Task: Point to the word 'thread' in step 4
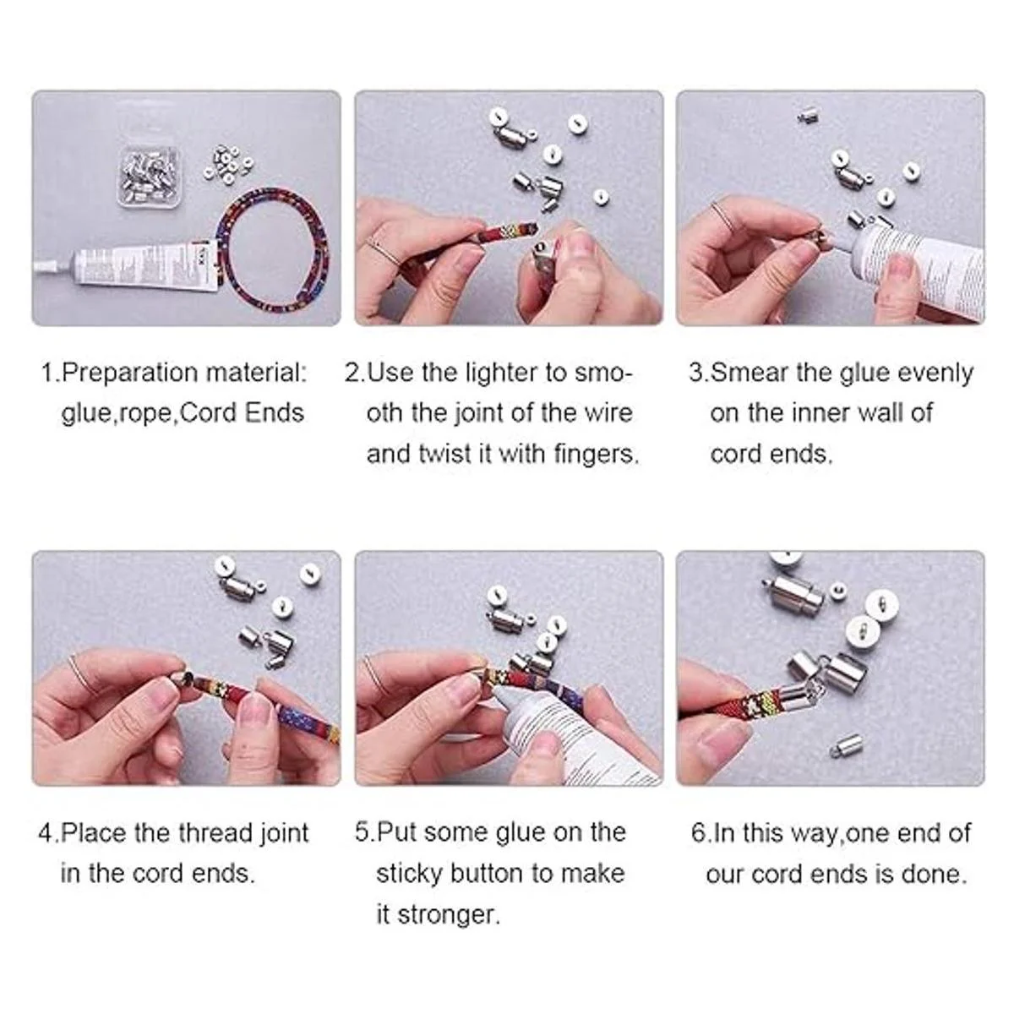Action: click(215, 834)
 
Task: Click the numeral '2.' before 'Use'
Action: click(355, 373)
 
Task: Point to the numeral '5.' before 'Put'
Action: click(365, 833)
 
